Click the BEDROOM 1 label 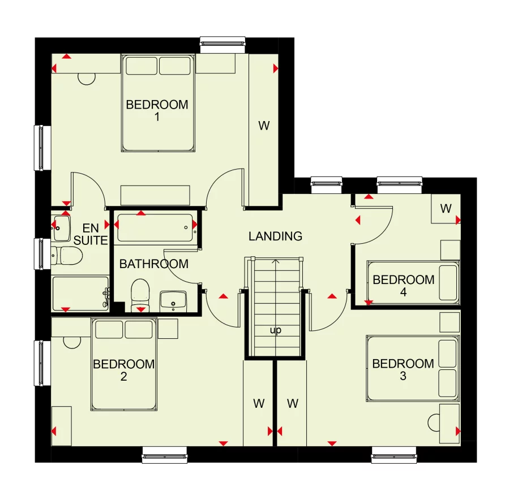[x=157, y=111]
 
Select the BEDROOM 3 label [x=403, y=370]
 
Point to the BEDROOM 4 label [x=403, y=286]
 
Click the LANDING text [x=276, y=236]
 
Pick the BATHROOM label [x=153, y=264]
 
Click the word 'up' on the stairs [x=276, y=330]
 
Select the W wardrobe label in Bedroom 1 [x=264, y=126]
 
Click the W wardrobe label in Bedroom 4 [x=446, y=209]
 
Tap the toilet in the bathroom [x=139, y=294]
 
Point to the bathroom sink [x=173, y=300]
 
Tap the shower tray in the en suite [x=80, y=292]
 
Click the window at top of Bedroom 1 [x=224, y=43]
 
